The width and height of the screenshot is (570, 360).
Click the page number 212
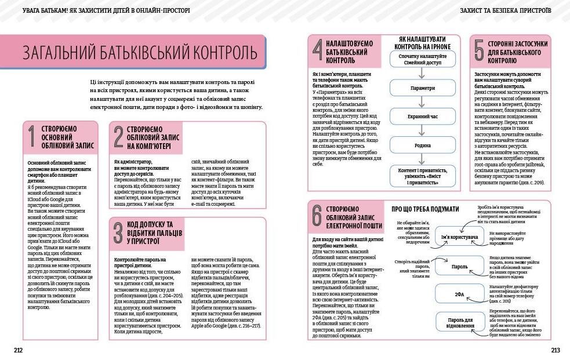pos(18,350)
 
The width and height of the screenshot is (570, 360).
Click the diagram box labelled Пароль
pos(459,266)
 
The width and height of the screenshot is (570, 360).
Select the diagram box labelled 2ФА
pos(459,294)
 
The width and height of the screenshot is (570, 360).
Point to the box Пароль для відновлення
pos(461,322)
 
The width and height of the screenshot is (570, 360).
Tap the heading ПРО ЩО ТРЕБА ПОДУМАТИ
pos(425,209)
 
